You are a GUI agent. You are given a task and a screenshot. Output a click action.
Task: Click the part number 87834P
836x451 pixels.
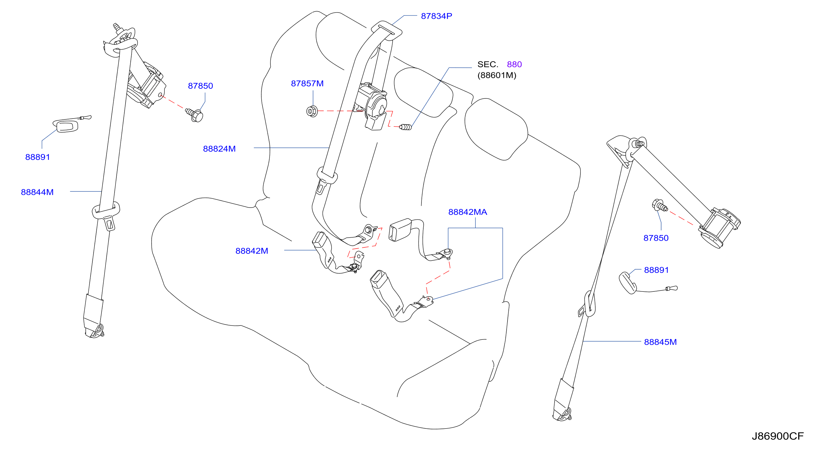436,16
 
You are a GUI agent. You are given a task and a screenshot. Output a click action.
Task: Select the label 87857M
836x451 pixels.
307,83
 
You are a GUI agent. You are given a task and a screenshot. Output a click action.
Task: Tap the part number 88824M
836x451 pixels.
219,149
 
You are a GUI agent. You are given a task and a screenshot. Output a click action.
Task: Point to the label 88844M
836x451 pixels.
37,192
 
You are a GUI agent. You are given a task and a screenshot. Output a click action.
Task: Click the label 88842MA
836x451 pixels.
467,212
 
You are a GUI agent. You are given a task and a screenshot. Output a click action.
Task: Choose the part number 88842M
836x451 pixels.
252,251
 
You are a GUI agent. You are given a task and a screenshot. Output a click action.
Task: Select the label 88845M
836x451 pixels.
660,342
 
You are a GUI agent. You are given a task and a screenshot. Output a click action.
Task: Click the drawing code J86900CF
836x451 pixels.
778,436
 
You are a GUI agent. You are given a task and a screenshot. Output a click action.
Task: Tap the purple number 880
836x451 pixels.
514,64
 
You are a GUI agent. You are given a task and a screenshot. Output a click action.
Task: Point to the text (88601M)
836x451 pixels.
497,75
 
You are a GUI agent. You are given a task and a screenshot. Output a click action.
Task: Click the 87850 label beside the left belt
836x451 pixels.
200,86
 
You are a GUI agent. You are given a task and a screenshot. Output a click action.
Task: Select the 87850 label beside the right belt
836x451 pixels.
656,238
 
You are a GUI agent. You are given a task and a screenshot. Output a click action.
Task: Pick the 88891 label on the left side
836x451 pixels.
37,157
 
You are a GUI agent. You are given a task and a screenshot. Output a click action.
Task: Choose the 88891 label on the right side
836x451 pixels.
656,270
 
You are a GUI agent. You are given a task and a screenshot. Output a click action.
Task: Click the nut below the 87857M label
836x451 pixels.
312,111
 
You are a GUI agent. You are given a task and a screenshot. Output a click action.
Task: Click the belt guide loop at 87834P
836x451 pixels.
387,30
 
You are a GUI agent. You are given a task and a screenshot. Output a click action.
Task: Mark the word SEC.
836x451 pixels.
488,64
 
